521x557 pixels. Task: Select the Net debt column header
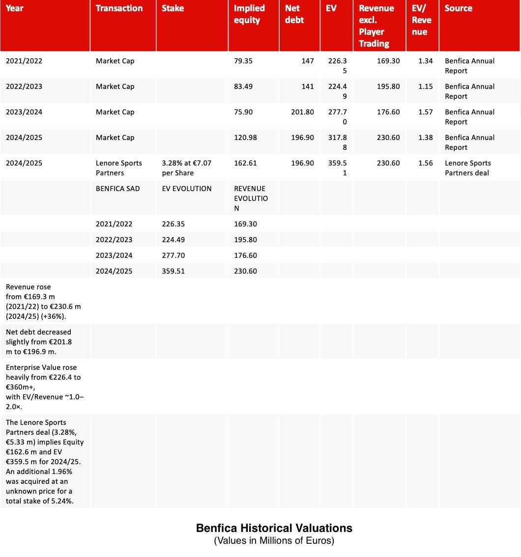(x=294, y=14)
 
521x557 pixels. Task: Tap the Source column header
(x=458, y=8)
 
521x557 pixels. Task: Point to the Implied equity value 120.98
(x=245, y=138)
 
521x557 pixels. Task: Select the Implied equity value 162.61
(x=245, y=163)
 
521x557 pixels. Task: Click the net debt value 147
(x=307, y=61)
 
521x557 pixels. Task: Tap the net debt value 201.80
(x=302, y=112)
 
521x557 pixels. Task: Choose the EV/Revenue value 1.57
(x=425, y=112)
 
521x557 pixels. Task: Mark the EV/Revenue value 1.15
(x=425, y=86)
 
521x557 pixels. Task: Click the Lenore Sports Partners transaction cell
(x=118, y=168)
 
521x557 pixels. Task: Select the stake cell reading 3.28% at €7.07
(x=186, y=168)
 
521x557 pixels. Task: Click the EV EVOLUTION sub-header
(x=186, y=189)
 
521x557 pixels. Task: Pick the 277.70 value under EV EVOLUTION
(x=173, y=255)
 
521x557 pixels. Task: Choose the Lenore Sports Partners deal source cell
(x=467, y=168)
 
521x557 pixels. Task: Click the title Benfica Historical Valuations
(x=274, y=528)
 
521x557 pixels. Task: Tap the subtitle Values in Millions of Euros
(x=274, y=541)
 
